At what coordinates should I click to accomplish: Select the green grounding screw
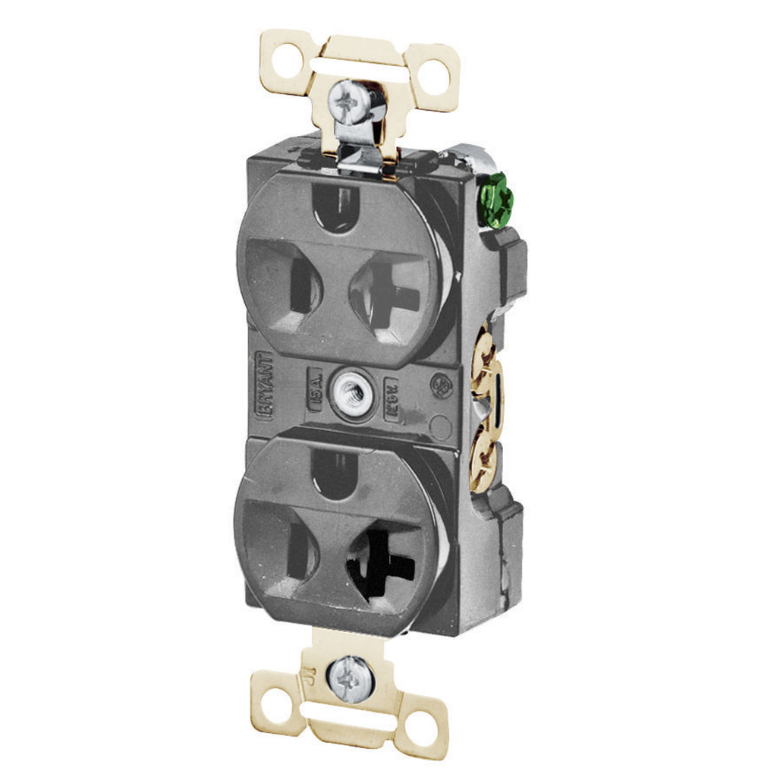tap(497, 199)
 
